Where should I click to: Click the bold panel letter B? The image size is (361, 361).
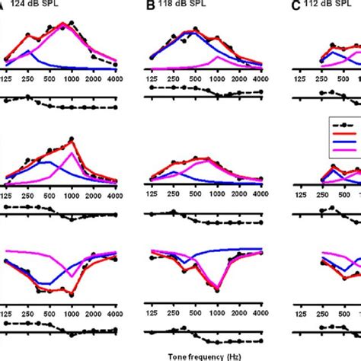click(150, 7)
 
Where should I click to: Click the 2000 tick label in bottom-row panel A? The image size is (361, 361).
click(95, 313)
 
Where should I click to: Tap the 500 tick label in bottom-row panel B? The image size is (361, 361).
click(196, 313)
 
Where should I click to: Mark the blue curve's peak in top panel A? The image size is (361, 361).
click(28, 51)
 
